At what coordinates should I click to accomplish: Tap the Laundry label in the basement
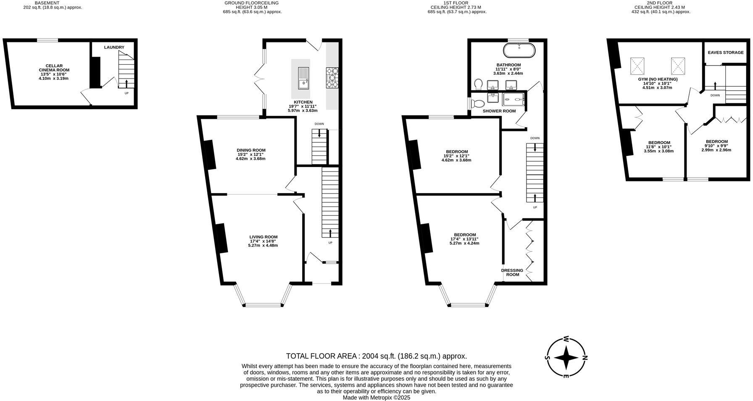(114, 47)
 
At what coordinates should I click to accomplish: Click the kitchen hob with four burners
(332, 78)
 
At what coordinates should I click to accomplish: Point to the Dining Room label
(251, 150)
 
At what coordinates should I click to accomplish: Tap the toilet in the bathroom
(478, 84)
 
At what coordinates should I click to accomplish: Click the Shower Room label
(499, 111)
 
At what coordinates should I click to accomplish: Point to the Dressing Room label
(512, 273)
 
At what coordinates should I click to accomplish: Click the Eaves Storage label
(725, 52)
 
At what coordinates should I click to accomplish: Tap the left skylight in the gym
(637, 66)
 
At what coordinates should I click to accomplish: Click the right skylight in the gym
(677, 66)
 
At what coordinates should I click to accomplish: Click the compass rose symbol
(566, 358)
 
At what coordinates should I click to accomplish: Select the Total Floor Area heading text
(376, 356)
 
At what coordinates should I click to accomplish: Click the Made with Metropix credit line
(376, 397)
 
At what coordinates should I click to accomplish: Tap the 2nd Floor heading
(661, 3)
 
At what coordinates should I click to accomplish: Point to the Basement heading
(47, 3)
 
